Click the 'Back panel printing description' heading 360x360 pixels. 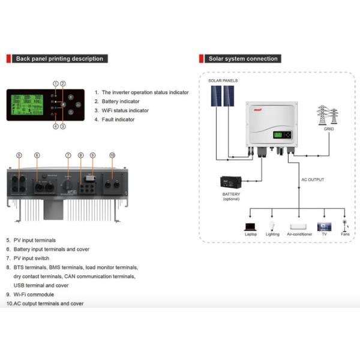[59, 59]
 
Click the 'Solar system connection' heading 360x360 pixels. [242, 59]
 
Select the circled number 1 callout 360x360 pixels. [55, 83]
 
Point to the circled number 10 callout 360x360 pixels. [112, 155]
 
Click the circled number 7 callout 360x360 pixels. [68, 155]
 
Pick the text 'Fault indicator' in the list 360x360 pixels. [118, 119]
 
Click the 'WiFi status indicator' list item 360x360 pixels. [125, 110]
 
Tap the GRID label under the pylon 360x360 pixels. [328, 129]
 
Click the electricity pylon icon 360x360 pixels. [328, 115]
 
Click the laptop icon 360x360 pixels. [250, 227]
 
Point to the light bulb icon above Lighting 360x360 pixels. [272, 226]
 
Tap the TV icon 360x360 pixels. [325, 227]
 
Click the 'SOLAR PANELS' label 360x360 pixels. [223, 80]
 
